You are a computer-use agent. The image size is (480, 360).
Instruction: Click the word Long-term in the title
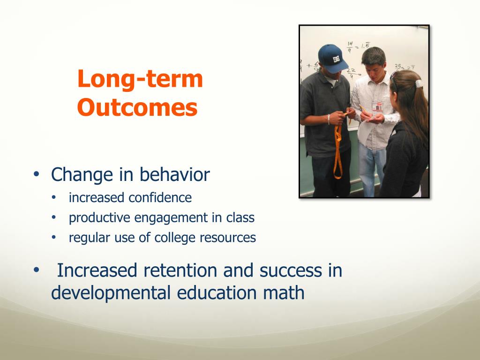(x=140, y=79)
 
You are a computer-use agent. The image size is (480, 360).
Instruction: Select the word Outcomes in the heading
(x=137, y=107)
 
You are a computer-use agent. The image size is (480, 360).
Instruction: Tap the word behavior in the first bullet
(x=174, y=174)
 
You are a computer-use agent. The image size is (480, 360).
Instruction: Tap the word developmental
(x=111, y=292)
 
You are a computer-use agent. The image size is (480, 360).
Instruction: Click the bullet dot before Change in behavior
(x=37, y=174)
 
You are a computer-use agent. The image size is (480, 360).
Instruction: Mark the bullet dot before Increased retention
(x=37, y=270)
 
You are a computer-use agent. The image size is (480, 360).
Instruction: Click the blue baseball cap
(x=332, y=59)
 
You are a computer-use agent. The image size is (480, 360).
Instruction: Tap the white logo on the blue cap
(x=337, y=59)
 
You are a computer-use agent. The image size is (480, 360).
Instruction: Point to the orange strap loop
(x=338, y=146)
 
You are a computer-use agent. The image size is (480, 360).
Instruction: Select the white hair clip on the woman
(x=419, y=83)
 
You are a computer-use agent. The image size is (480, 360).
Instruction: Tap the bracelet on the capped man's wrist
(x=329, y=119)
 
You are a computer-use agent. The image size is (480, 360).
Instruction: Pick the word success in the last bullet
(x=291, y=270)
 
